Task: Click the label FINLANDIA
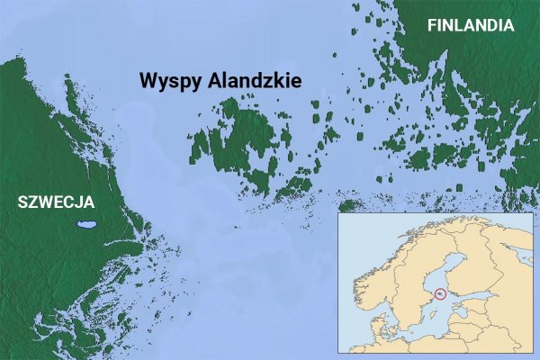pos(471,25)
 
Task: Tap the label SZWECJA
pos(56,202)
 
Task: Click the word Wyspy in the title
pos(170,81)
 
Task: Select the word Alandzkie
pos(254,80)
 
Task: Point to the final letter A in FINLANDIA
pos(508,25)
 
